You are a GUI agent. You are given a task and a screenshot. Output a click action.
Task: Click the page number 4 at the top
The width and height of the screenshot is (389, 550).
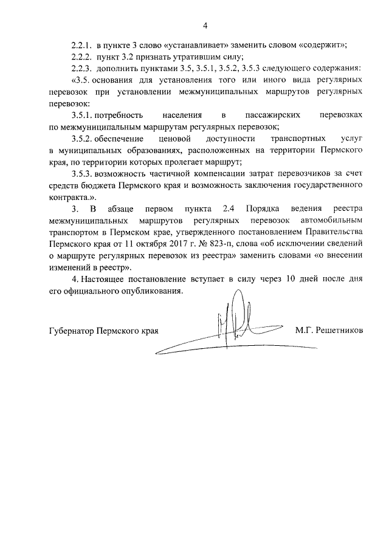click(205, 26)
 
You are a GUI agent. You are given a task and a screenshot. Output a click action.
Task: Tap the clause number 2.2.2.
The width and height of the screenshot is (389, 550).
click(81, 57)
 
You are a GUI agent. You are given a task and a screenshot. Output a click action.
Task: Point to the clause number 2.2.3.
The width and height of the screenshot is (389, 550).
click(81, 67)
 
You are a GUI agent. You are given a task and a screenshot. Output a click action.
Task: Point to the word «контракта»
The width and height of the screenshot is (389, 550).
click(66, 196)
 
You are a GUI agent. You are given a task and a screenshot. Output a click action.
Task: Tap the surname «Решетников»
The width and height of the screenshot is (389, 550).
click(338, 331)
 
